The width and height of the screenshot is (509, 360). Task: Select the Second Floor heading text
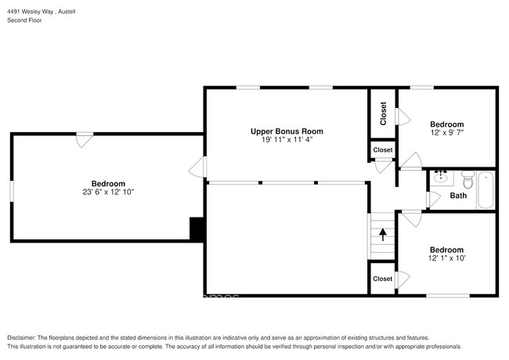(24, 20)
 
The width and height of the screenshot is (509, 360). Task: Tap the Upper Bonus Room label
(286, 131)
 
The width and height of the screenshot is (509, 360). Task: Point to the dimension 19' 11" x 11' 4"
(286, 140)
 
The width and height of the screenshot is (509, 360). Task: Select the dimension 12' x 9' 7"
(447, 133)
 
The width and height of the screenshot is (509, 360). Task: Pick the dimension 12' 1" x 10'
(447, 257)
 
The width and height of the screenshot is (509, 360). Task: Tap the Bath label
(458, 196)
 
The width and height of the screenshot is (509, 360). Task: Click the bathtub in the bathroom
(486, 189)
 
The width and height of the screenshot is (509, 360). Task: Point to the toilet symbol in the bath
(467, 180)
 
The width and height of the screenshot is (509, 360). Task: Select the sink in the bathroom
(440, 176)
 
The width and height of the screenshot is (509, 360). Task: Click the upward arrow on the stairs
(382, 232)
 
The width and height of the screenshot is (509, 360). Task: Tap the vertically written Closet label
(383, 113)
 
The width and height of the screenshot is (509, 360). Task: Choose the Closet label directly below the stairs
(383, 279)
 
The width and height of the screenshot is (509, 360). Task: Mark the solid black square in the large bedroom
(197, 229)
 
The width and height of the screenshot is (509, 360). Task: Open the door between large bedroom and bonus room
(200, 167)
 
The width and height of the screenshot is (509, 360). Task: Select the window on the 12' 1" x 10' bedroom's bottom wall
(447, 295)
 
